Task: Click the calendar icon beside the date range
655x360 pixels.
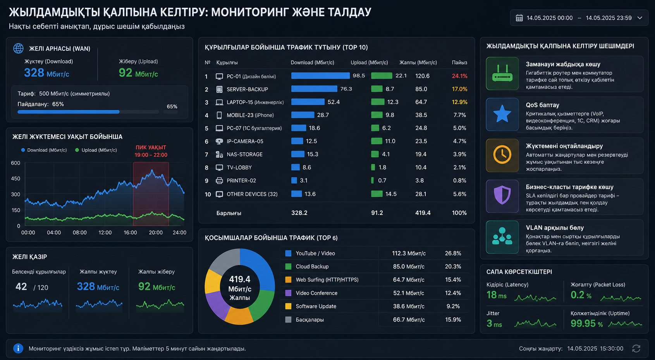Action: coord(519,18)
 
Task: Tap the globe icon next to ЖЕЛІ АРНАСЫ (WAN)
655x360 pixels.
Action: coord(19,48)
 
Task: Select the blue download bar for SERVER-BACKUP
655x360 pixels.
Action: coord(314,89)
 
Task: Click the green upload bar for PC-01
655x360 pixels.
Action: coord(382,76)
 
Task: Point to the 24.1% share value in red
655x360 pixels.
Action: coord(460,76)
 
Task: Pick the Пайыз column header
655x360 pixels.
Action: coord(459,63)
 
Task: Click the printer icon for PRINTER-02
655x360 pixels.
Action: coord(219,181)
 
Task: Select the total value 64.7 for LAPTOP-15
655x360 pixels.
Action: coord(421,102)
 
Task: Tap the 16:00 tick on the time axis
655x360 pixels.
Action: coord(130,233)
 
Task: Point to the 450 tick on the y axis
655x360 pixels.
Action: coord(15,178)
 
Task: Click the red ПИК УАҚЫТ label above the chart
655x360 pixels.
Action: coord(151,147)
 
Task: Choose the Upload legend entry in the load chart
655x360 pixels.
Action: coord(96,150)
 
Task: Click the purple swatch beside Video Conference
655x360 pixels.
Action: coord(288,293)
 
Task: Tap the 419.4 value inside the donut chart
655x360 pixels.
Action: coord(239,279)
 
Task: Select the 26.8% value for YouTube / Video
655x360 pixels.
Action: coord(453,253)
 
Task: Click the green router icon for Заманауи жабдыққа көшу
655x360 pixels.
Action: coord(502,74)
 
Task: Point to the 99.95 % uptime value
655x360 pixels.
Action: coord(586,324)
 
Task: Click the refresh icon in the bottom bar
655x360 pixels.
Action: coord(636,349)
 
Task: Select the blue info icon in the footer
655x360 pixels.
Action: coord(18,348)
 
